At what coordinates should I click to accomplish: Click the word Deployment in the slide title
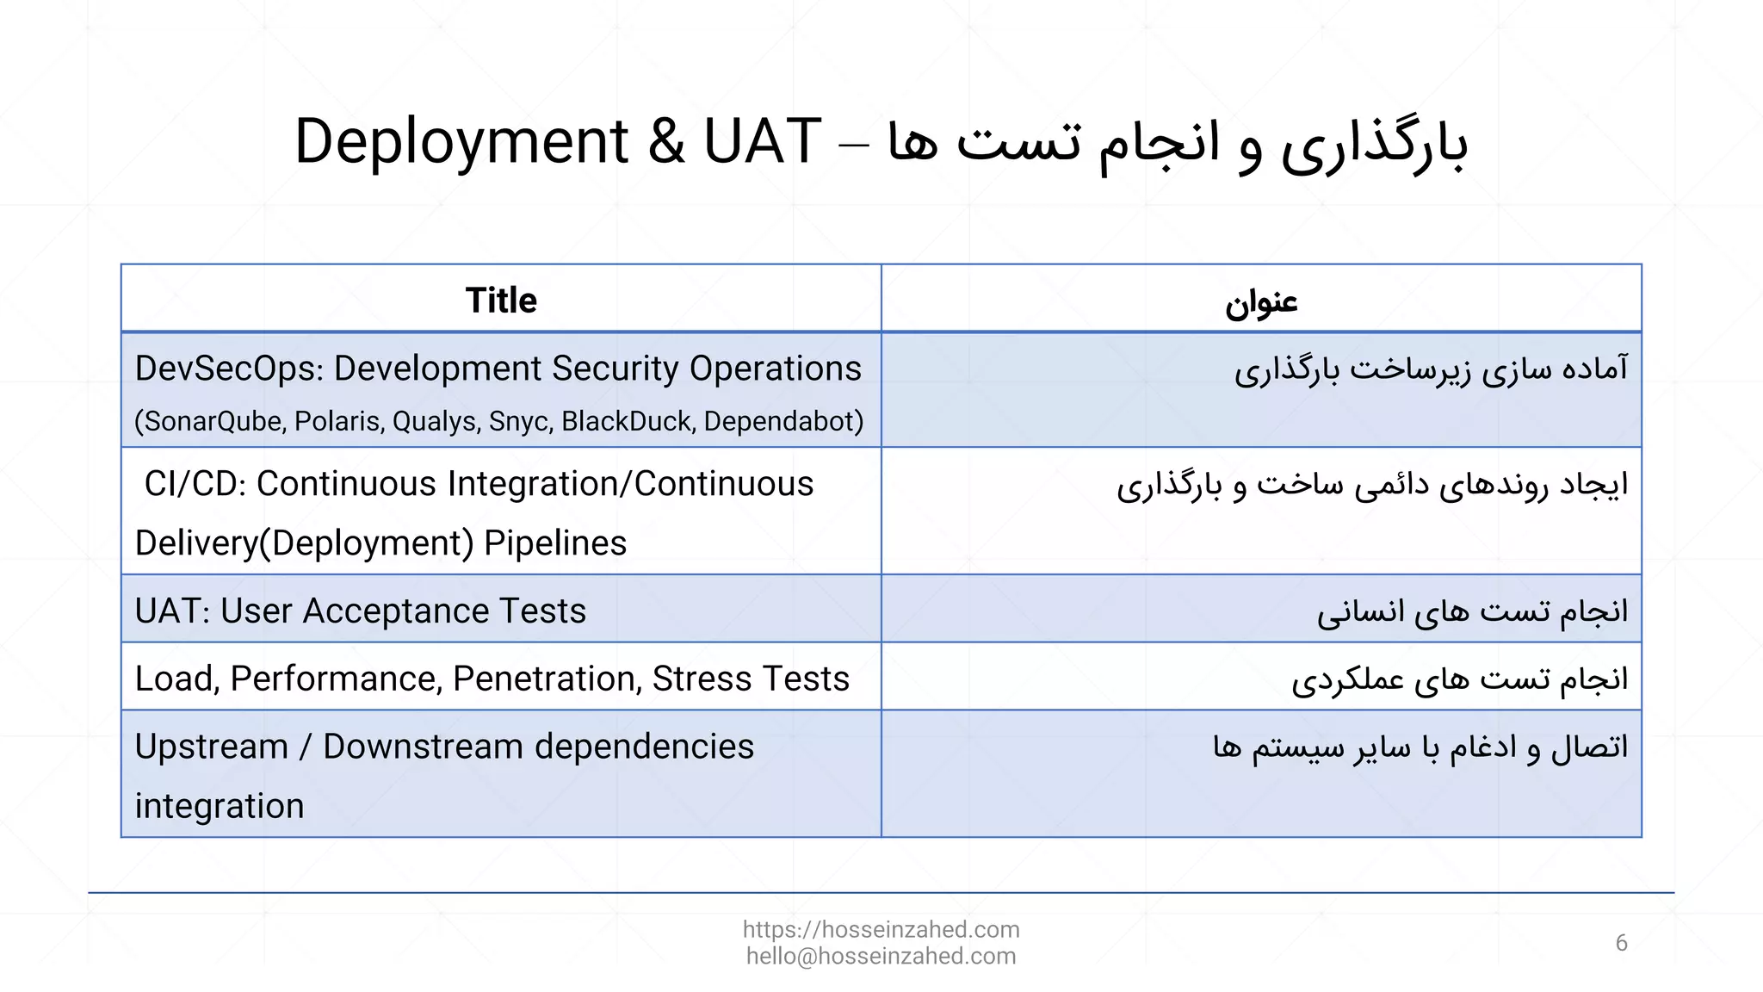tap(461, 142)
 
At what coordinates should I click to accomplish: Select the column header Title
tap(501, 301)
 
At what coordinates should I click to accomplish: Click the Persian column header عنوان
tap(1261, 302)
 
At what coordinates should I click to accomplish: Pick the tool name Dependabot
tap(783, 421)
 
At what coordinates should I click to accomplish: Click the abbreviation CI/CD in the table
tap(195, 484)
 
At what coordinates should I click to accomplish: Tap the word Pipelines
tap(555, 543)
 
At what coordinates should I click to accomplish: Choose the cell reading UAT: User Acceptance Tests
tap(360, 611)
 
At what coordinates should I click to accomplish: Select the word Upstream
tap(211, 747)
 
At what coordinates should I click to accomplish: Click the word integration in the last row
tap(220, 806)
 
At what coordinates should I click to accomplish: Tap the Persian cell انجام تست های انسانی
tap(1472, 611)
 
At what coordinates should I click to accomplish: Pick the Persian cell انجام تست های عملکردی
tap(1459, 679)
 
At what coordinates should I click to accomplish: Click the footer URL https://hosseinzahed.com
tap(881, 929)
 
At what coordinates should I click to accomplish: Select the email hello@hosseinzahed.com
tap(881, 956)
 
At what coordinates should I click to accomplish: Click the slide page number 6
tap(1621, 943)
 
